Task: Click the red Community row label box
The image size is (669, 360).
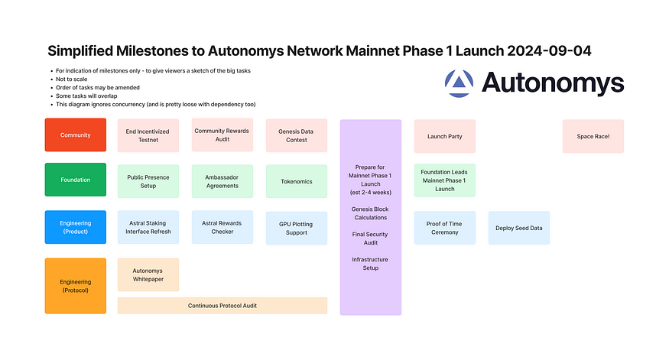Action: [x=76, y=135]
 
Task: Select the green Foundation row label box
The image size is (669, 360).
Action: [x=76, y=180]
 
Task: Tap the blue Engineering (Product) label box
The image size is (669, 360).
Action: [x=76, y=227]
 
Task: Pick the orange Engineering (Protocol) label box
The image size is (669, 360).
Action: [x=76, y=286]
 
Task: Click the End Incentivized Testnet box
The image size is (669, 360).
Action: [x=148, y=135]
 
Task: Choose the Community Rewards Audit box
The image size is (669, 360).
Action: [x=222, y=135]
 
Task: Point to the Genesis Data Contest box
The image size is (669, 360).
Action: [x=296, y=135]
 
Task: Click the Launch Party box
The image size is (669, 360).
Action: [x=444, y=136]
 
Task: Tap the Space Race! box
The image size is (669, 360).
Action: [x=593, y=136]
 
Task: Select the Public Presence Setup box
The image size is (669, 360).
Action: [x=148, y=181]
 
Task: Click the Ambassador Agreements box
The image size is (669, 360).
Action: [x=222, y=181]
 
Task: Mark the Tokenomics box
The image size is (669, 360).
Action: [x=296, y=181]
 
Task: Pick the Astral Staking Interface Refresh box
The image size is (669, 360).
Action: [x=148, y=227]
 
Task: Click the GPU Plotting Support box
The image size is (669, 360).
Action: [x=296, y=228]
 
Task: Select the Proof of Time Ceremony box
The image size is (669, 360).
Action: [x=444, y=228]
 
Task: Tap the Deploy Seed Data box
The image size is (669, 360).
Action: [x=518, y=228]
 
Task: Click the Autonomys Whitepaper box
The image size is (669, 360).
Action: [x=148, y=274]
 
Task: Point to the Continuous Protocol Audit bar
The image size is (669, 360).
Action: [x=222, y=306]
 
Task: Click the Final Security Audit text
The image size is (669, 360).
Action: [x=370, y=238]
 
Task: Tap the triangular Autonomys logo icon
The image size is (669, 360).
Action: [x=460, y=83]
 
